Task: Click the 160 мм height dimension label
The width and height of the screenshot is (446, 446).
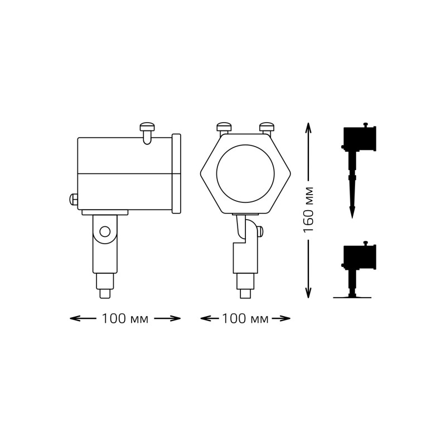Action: coord(309,210)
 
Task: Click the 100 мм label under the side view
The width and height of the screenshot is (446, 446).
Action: coord(125,319)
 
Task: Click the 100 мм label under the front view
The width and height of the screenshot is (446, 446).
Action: coord(245,319)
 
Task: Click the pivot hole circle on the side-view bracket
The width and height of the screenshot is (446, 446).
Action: coord(105,231)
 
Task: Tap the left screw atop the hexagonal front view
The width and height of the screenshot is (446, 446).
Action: coord(224,128)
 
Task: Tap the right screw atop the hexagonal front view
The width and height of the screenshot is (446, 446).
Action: coord(267,128)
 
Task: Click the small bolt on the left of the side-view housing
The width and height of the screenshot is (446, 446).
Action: coord(73,199)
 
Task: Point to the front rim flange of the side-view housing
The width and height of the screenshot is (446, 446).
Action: coord(176,173)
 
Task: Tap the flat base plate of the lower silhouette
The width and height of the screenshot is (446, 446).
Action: coord(352,297)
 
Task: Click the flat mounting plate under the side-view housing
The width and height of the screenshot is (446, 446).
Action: coord(105,212)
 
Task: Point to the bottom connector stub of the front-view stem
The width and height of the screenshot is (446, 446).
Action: coord(245,282)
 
